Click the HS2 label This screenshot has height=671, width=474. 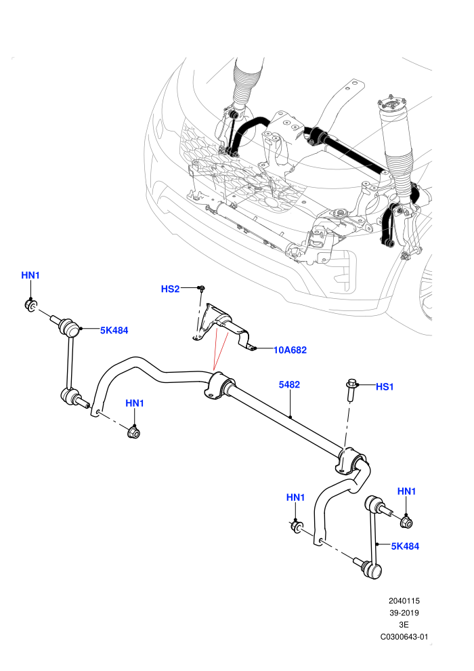click(170, 289)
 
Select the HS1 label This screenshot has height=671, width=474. click(385, 387)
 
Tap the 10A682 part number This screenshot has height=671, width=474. click(290, 350)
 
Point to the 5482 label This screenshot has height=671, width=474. click(289, 385)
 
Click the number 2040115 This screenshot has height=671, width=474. click(404, 601)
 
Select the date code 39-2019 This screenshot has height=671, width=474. click(404, 613)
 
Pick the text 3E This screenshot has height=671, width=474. click(404, 625)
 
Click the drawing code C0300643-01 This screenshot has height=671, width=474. click(404, 636)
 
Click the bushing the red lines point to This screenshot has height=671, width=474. click(218, 386)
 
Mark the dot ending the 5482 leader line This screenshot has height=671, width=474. click(290, 416)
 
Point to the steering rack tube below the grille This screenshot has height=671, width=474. click(248, 224)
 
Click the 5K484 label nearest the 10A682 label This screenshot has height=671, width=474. click(114, 330)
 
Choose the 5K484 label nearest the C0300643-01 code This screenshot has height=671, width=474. click(405, 546)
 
